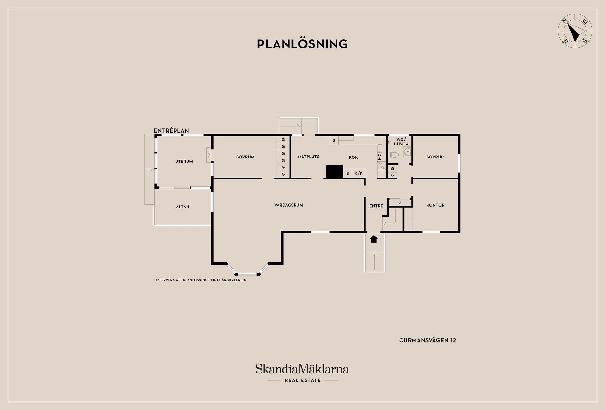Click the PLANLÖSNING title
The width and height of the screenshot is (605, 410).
pyautogui.click(x=302, y=44)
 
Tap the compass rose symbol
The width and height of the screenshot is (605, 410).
pyautogui.click(x=575, y=31)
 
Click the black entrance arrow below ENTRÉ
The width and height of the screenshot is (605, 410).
pyautogui.click(x=374, y=239)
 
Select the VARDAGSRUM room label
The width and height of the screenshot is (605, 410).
pyautogui.click(x=289, y=205)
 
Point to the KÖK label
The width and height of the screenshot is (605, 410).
pyautogui.click(x=353, y=157)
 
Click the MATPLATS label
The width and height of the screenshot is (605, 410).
pyautogui.click(x=308, y=157)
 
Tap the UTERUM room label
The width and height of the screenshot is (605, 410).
pyautogui.click(x=184, y=161)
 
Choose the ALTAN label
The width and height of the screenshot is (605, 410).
pyautogui.click(x=182, y=207)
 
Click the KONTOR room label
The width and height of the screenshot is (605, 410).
pyautogui.click(x=435, y=205)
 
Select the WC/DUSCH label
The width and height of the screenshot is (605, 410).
pyautogui.click(x=401, y=141)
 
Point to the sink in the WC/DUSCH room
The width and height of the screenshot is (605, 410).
pyautogui.click(x=407, y=152)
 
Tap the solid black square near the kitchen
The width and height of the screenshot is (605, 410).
pyautogui.click(x=334, y=172)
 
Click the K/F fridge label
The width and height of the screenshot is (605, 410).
pyautogui.click(x=358, y=174)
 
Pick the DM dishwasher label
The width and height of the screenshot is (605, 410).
pyautogui.click(x=379, y=157)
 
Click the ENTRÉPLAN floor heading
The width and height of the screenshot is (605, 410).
pyautogui.click(x=171, y=131)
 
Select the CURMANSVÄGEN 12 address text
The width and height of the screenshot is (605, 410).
pyautogui.click(x=428, y=340)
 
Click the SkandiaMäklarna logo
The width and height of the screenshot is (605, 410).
pyautogui.click(x=302, y=373)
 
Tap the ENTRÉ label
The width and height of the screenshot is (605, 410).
pyautogui.click(x=376, y=206)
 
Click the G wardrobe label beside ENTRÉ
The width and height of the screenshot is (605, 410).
pyautogui.click(x=400, y=203)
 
